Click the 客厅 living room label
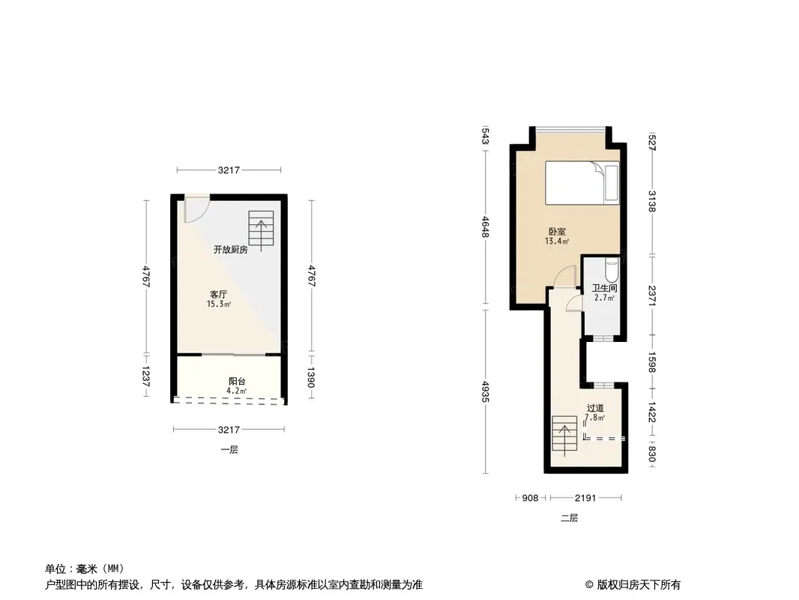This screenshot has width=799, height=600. pyautogui.click(x=219, y=294)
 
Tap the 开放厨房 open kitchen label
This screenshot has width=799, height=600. pyautogui.click(x=230, y=249)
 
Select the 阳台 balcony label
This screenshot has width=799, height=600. pyautogui.click(x=237, y=381)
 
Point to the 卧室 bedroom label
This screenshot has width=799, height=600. pyautogui.click(x=557, y=232)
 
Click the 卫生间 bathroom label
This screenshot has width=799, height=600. pyautogui.click(x=604, y=288)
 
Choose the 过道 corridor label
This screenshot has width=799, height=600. pyautogui.click(x=595, y=408)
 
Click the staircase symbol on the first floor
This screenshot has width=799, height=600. pyautogui.click(x=261, y=230)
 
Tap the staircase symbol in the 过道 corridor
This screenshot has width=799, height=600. pyautogui.click(x=564, y=436)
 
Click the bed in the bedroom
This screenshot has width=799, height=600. pyautogui.click(x=582, y=183)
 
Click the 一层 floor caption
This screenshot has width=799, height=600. pyautogui.click(x=229, y=449)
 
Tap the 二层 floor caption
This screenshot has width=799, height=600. pyautogui.click(x=569, y=518)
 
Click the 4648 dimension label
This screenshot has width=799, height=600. pyautogui.click(x=486, y=226)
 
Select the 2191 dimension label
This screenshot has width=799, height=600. pyautogui.click(x=585, y=497)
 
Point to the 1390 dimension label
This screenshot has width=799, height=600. pyautogui.click(x=311, y=377)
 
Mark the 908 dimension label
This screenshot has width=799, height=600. pyautogui.click(x=530, y=497)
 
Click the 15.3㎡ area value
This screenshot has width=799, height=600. pyautogui.click(x=219, y=304)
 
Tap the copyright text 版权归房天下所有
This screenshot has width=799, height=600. pyautogui.click(x=639, y=585)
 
